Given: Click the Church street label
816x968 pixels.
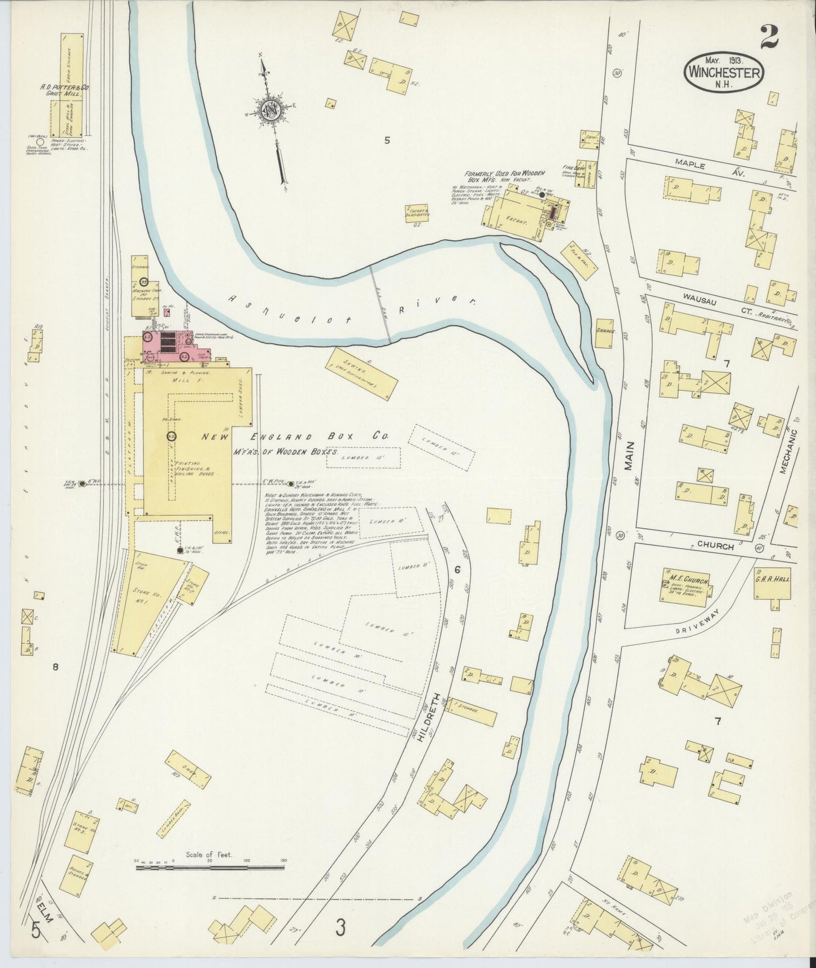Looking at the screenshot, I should (715, 546).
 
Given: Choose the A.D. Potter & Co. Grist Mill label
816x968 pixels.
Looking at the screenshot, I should (65, 91).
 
